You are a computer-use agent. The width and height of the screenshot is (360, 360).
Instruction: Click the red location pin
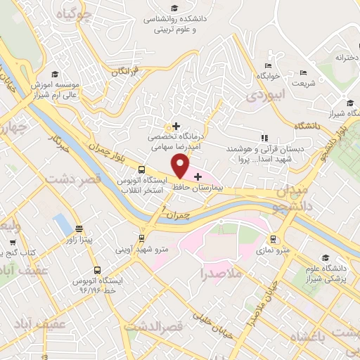click(181, 166)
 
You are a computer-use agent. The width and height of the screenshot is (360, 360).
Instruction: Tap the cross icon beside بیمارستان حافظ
click(198, 176)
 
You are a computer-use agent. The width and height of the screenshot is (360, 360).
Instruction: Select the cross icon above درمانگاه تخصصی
click(176, 125)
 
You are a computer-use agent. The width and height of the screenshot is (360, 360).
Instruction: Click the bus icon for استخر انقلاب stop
click(142, 169)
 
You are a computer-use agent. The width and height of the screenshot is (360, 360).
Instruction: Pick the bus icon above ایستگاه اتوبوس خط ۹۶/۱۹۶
click(96, 270)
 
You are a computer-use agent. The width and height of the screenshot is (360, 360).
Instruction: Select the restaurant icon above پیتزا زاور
click(79, 229)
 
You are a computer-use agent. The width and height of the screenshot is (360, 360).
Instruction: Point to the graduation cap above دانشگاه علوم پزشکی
click(324, 257)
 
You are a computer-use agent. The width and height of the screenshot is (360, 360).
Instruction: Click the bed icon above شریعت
click(303, 72)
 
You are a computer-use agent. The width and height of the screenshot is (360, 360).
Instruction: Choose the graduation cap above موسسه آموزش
click(55, 75)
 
